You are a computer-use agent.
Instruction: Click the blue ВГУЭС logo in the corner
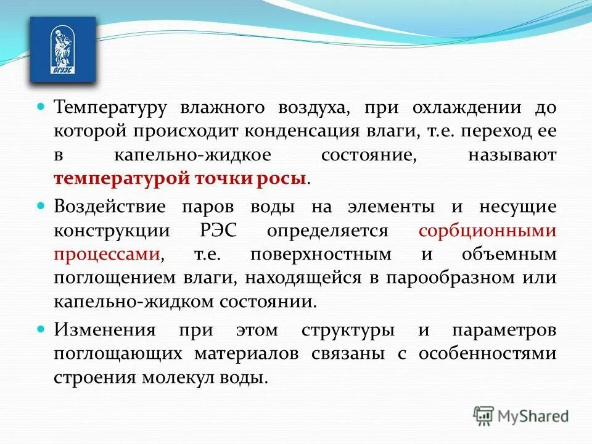(x=63, y=50)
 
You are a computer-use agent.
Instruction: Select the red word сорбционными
(x=487, y=231)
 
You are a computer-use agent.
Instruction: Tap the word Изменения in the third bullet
(x=104, y=329)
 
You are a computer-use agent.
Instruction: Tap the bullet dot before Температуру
(x=42, y=107)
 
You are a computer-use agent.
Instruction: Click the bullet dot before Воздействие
(x=42, y=205)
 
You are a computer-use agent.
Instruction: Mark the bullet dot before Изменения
(x=42, y=329)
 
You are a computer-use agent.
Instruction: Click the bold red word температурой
(x=123, y=179)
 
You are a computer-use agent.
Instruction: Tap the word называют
(x=512, y=155)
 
